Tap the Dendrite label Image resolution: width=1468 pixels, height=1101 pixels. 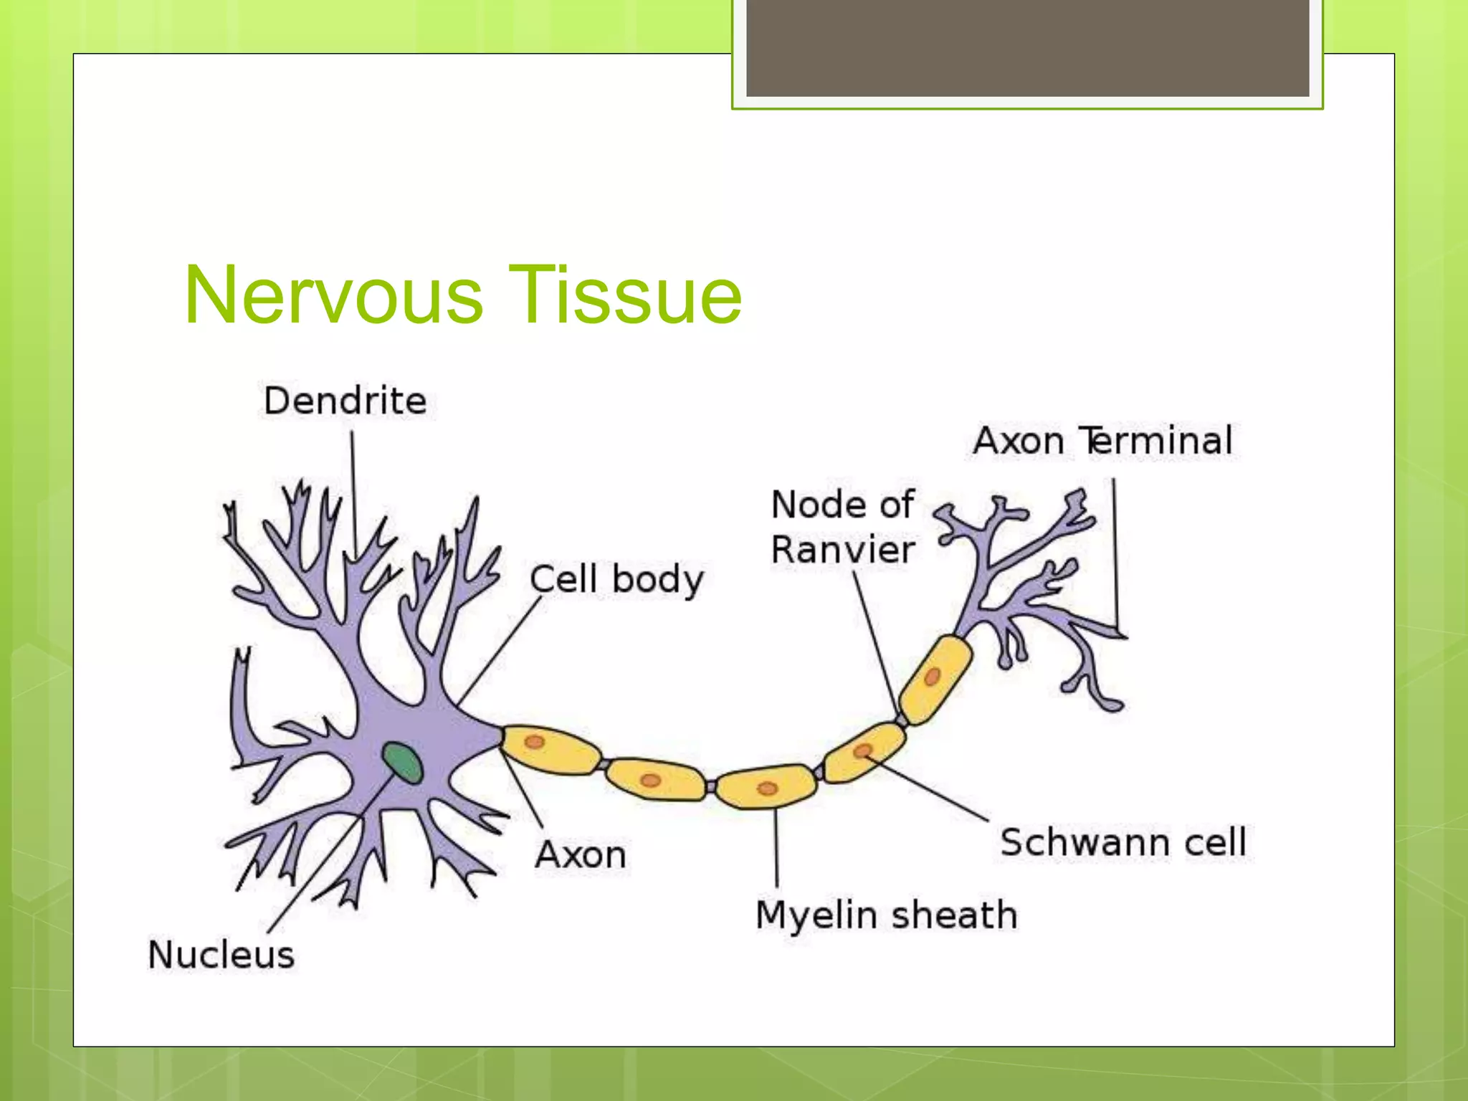click(x=345, y=401)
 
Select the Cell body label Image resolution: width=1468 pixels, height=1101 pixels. click(x=616, y=579)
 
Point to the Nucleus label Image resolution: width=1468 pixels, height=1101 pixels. click(x=221, y=955)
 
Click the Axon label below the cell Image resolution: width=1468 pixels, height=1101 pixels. click(x=581, y=854)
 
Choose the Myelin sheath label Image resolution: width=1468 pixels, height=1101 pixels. click(x=887, y=915)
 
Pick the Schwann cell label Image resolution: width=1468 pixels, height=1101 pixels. click(x=1123, y=842)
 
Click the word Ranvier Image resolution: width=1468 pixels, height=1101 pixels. click(x=843, y=550)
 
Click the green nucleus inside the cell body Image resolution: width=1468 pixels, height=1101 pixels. click(x=402, y=762)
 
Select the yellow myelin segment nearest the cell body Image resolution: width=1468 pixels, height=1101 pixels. click(x=550, y=750)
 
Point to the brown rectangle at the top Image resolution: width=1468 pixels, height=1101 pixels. click(x=1028, y=47)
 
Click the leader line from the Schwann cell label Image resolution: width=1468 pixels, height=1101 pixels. click(x=932, y=788)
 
